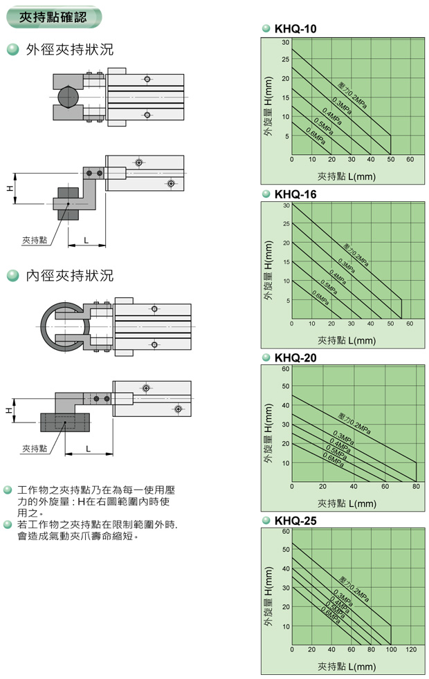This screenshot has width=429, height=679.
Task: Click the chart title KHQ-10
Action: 295,29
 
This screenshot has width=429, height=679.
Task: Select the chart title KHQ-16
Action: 295,194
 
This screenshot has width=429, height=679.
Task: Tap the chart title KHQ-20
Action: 295,357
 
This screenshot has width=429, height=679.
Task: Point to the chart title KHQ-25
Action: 295,521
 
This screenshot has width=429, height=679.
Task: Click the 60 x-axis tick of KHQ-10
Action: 410,160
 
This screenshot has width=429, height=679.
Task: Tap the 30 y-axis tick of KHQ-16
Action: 286,206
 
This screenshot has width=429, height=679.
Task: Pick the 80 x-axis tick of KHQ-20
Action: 416,487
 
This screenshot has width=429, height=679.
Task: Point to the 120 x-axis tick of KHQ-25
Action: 411,650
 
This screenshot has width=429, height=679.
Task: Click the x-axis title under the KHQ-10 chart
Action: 346,176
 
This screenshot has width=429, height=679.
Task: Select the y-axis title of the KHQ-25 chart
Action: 269,597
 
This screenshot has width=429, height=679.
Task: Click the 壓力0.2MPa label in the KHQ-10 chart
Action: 352,96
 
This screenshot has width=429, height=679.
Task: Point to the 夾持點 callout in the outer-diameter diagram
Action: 35,240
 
